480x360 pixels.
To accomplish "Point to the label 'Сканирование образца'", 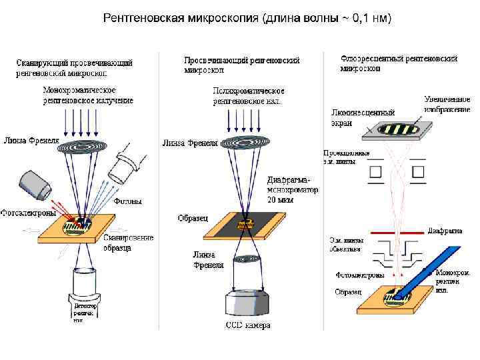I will [x=128, y=243].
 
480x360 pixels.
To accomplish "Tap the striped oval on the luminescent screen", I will [x=397, y=128].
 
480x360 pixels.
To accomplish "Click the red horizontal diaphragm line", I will [x=397, y=232].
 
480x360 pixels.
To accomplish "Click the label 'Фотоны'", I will [x=127, y=200].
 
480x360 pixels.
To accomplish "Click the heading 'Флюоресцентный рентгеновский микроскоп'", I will [x=399, y=63].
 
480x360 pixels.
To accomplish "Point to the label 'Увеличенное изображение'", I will [x=447, y=104].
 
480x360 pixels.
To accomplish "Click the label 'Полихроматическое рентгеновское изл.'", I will [x=248, y=95].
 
